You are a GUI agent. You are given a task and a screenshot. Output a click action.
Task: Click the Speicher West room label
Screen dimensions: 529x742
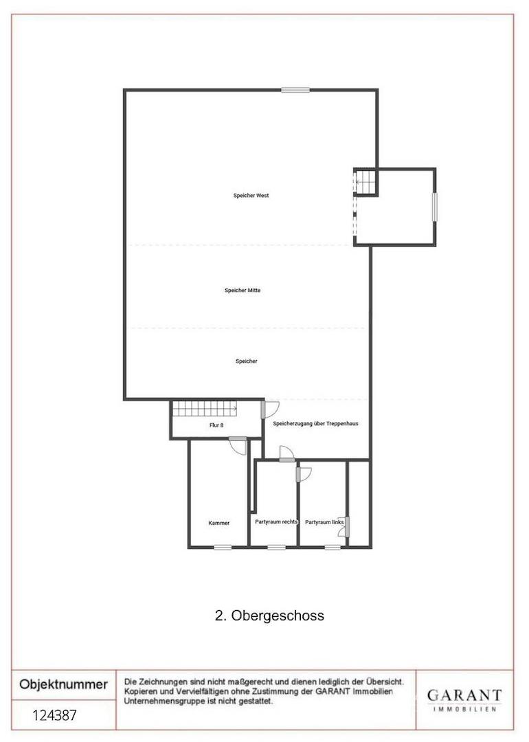click(x=251, y=195)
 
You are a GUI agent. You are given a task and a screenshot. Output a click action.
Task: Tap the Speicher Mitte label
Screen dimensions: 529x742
click(x=243, y=291)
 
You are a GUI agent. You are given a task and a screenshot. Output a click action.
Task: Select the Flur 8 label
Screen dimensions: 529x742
click(x=216, y=425)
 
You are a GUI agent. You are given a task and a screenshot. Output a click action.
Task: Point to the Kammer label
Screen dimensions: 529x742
click(x=218, y=523)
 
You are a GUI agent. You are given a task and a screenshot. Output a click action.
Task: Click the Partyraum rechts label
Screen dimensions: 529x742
click(x=276, y=521)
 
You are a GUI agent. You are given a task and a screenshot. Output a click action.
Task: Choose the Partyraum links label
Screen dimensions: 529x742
click(x=324, y=522)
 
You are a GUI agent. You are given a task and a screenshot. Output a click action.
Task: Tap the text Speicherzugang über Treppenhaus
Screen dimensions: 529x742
click(x=315, y=423)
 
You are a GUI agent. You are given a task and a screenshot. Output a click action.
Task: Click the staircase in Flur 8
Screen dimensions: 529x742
click(x=205, y=408)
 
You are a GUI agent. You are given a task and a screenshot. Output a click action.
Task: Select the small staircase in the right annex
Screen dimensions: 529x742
click(x=365, y=181)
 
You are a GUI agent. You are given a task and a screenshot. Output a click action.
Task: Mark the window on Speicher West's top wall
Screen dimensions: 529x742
click(x=295, y=90)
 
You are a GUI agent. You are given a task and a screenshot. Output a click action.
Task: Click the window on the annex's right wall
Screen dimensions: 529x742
click(x=435, y=206)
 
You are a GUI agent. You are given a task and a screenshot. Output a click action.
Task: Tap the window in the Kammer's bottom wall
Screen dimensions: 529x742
click(x=223, y=548)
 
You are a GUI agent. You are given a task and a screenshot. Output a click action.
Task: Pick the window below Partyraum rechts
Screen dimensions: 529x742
click(x=276, y=548)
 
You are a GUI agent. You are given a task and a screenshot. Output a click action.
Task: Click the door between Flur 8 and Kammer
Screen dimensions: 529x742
click(x=238, y=445)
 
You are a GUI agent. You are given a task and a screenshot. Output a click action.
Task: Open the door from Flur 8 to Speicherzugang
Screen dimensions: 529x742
click(x=270, y=409)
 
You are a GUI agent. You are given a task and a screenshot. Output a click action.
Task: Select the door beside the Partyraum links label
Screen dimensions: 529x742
click(x=344, y=527)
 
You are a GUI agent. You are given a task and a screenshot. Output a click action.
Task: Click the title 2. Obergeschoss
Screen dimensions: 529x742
click(x=270, y=616)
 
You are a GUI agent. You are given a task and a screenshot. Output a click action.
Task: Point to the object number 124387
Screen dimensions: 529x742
click(x=54, y=715)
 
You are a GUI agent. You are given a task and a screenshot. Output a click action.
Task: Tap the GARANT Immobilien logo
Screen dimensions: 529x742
click(x=464, y=700)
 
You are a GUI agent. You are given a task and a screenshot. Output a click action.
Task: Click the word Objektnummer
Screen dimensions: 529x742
click(x=63, y=684)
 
